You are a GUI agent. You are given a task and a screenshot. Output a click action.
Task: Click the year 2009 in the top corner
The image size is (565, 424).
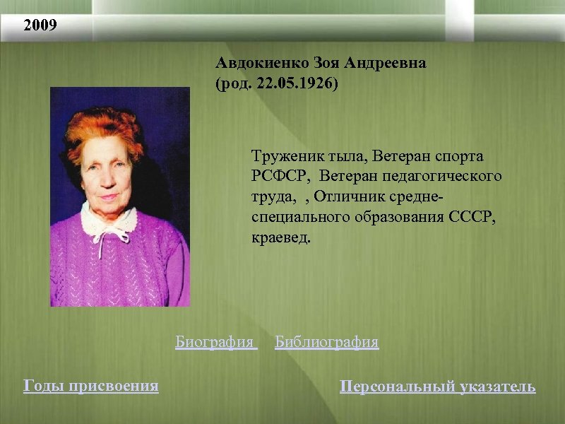[40, 27]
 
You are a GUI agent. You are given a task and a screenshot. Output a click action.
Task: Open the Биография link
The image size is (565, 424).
[214, 343]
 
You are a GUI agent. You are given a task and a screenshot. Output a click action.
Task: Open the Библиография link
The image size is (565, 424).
[326, 343]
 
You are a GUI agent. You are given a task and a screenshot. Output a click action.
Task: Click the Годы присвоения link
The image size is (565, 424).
[91, 386]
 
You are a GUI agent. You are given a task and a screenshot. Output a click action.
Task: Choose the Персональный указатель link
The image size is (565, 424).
[437, 387]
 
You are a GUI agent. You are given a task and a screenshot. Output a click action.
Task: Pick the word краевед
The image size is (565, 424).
[279, 237]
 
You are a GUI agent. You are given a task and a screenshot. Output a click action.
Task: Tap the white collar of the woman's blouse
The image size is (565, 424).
[109, 219]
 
